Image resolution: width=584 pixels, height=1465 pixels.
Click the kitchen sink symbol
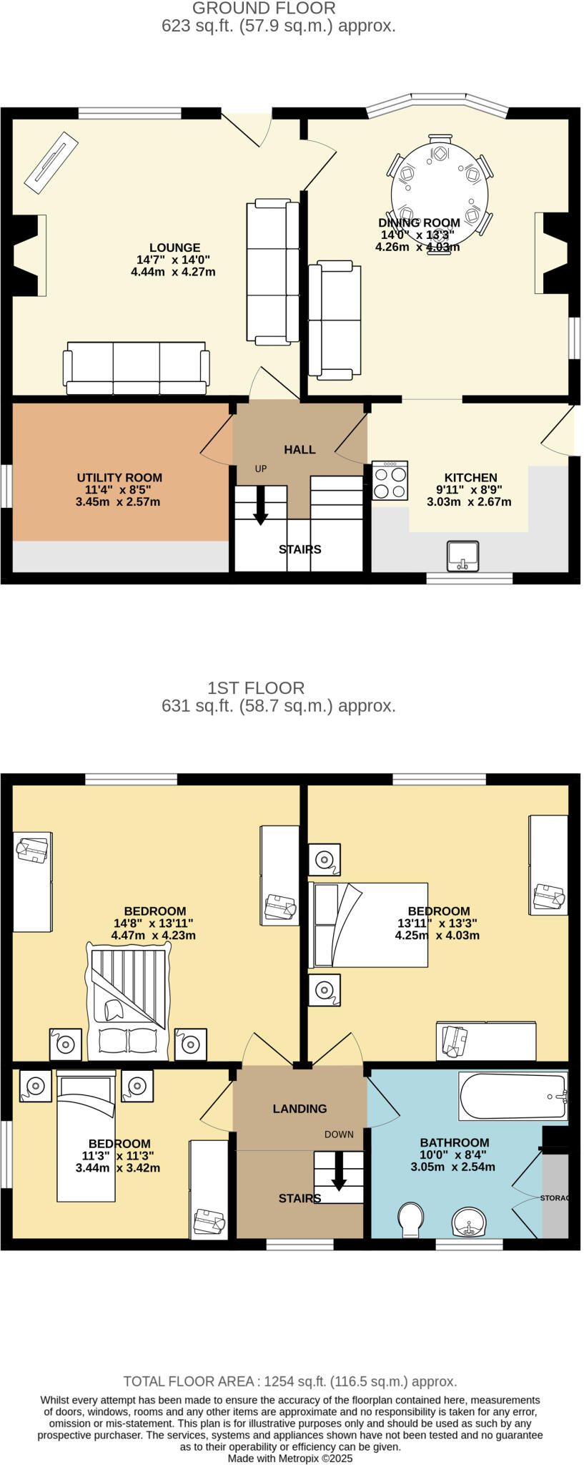[x=462, y=557]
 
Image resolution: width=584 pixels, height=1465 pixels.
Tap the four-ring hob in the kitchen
[x=390, y=481]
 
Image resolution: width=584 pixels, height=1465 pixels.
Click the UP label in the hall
[x=261, y=469]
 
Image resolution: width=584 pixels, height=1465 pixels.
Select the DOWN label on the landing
[x=339, y=1135]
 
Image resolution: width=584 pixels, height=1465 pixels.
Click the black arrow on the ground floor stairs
[x=261, y=506]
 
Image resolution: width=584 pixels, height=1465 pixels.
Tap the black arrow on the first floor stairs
[x=339, y=1172]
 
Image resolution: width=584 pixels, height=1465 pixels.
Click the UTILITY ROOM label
[x=119, y=478]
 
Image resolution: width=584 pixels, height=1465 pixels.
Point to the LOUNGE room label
[x=174, y=248]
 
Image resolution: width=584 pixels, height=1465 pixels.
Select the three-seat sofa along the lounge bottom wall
[x=137, y=368]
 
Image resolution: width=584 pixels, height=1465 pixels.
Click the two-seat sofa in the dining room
[x=335, y=319]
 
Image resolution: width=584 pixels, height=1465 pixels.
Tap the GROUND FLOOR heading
[x=264, y=9]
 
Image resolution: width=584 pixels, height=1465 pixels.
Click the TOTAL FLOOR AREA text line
[x=289, y=1381]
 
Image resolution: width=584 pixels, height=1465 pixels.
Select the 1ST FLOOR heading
[x=256, y=688]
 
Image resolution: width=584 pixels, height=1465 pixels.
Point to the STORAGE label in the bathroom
[x=555, y=1198]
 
